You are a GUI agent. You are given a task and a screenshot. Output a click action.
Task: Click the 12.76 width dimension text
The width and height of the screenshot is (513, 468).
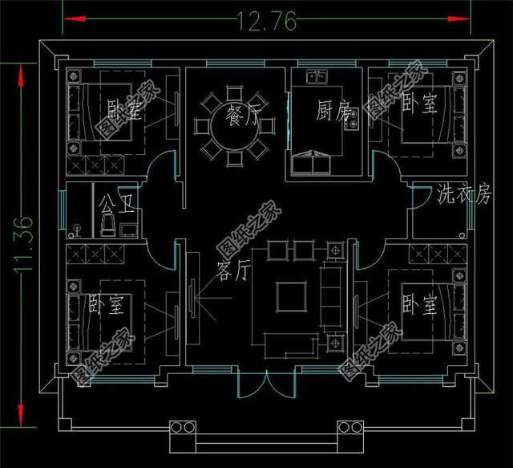point(266,22)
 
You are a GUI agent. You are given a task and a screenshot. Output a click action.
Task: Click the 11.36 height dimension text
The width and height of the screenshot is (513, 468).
point(23,243)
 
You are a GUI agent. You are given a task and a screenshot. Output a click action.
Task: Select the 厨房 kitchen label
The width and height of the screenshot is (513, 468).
point(333,110)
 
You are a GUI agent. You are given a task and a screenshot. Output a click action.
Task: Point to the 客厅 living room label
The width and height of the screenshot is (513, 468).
point(233,271)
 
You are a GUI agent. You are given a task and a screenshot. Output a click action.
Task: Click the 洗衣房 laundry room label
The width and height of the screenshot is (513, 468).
point(465,194)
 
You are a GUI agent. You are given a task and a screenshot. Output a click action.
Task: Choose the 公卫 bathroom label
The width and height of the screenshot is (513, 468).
point(117,204)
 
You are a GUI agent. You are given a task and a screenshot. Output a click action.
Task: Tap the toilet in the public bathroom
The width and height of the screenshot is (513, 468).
point(108,225)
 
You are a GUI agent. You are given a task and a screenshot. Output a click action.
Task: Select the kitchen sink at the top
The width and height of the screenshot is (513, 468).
point(317,77)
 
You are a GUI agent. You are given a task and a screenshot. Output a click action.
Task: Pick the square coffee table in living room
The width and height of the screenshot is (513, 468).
point(292,297)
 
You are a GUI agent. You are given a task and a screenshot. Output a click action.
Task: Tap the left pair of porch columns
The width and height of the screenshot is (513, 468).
point(183,427)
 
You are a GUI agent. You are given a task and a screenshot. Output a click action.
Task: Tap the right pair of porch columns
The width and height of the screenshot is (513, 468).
point(350,427)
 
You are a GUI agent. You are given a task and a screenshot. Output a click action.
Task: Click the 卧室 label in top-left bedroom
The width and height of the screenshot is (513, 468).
point(125,109)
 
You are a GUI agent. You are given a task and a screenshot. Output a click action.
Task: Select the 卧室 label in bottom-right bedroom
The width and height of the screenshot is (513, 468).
point(419,304)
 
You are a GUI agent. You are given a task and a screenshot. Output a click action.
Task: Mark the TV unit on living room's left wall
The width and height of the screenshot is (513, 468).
point(192,299)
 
